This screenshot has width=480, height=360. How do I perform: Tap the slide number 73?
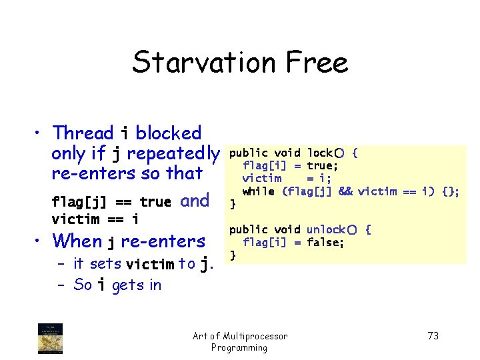[433, 336]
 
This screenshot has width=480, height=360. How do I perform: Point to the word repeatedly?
[173, 153]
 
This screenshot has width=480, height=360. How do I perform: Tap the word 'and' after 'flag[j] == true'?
[195, 201]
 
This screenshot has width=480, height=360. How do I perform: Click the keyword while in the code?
[259, 191]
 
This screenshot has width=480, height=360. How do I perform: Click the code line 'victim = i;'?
[287, 179]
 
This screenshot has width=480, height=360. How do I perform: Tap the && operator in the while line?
[345, 191]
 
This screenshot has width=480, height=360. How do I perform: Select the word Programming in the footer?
[239, 347]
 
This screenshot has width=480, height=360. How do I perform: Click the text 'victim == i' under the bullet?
[95, 219]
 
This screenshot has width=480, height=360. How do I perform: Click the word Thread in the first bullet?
[84, 133]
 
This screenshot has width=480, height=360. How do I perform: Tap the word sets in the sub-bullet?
[106, 264]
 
